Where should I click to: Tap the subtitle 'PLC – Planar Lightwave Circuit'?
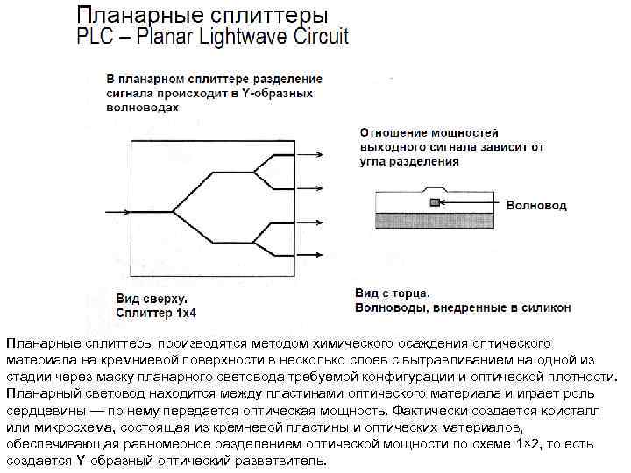(x=213, y=37)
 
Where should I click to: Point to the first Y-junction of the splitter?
(x=174, y=211)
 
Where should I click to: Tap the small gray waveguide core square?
(x=435, y=203)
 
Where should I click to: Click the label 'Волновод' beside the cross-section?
(x=536, y=205)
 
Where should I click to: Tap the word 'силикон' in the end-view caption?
(x=544, y=307)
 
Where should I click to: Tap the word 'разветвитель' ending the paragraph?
(x=280, y=461)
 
